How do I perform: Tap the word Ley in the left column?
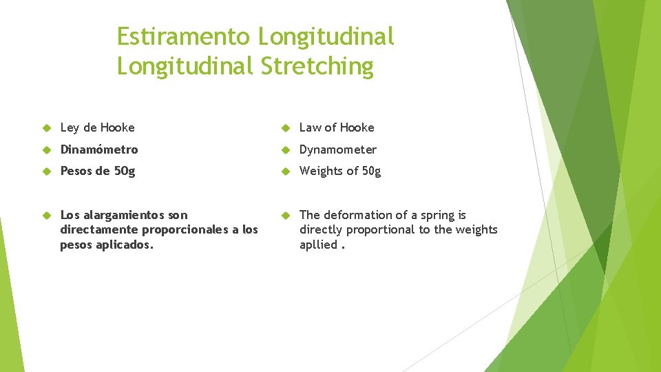click(x=70, y=127)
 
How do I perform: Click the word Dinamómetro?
click(x=99, y=149)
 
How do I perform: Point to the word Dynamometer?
click(x=338, y=149)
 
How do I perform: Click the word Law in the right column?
click(x=310, y=127)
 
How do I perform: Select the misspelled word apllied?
click(x=318, y=245)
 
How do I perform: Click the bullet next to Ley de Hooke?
click(x=47, y=128)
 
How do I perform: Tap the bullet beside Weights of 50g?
click(x=286, y=172)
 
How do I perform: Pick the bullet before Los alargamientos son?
click(x=47, y=216)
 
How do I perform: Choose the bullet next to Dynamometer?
click(x=286, y=150)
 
